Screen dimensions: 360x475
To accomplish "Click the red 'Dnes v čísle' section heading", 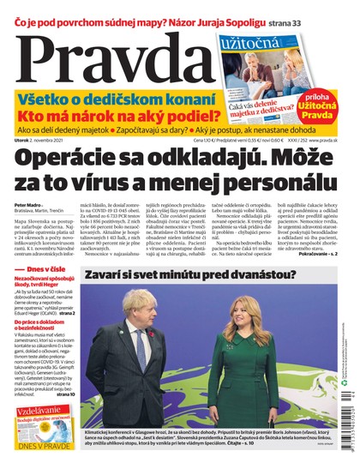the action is point(43,295).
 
